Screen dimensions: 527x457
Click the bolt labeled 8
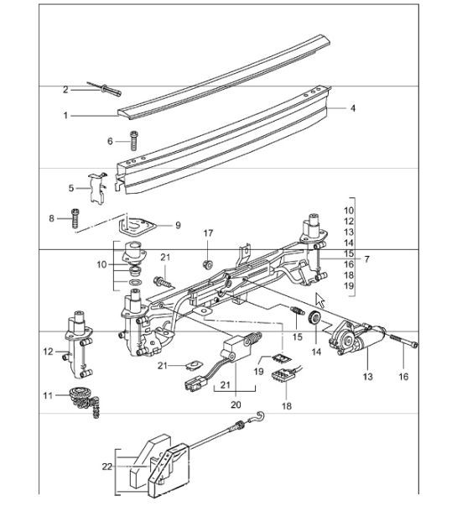(75, 219)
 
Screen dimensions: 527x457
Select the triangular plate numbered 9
(134, 225)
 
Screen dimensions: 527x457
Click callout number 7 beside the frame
(366, 259)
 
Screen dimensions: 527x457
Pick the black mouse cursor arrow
(320, 300)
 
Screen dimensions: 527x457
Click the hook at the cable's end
(263, 417)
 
